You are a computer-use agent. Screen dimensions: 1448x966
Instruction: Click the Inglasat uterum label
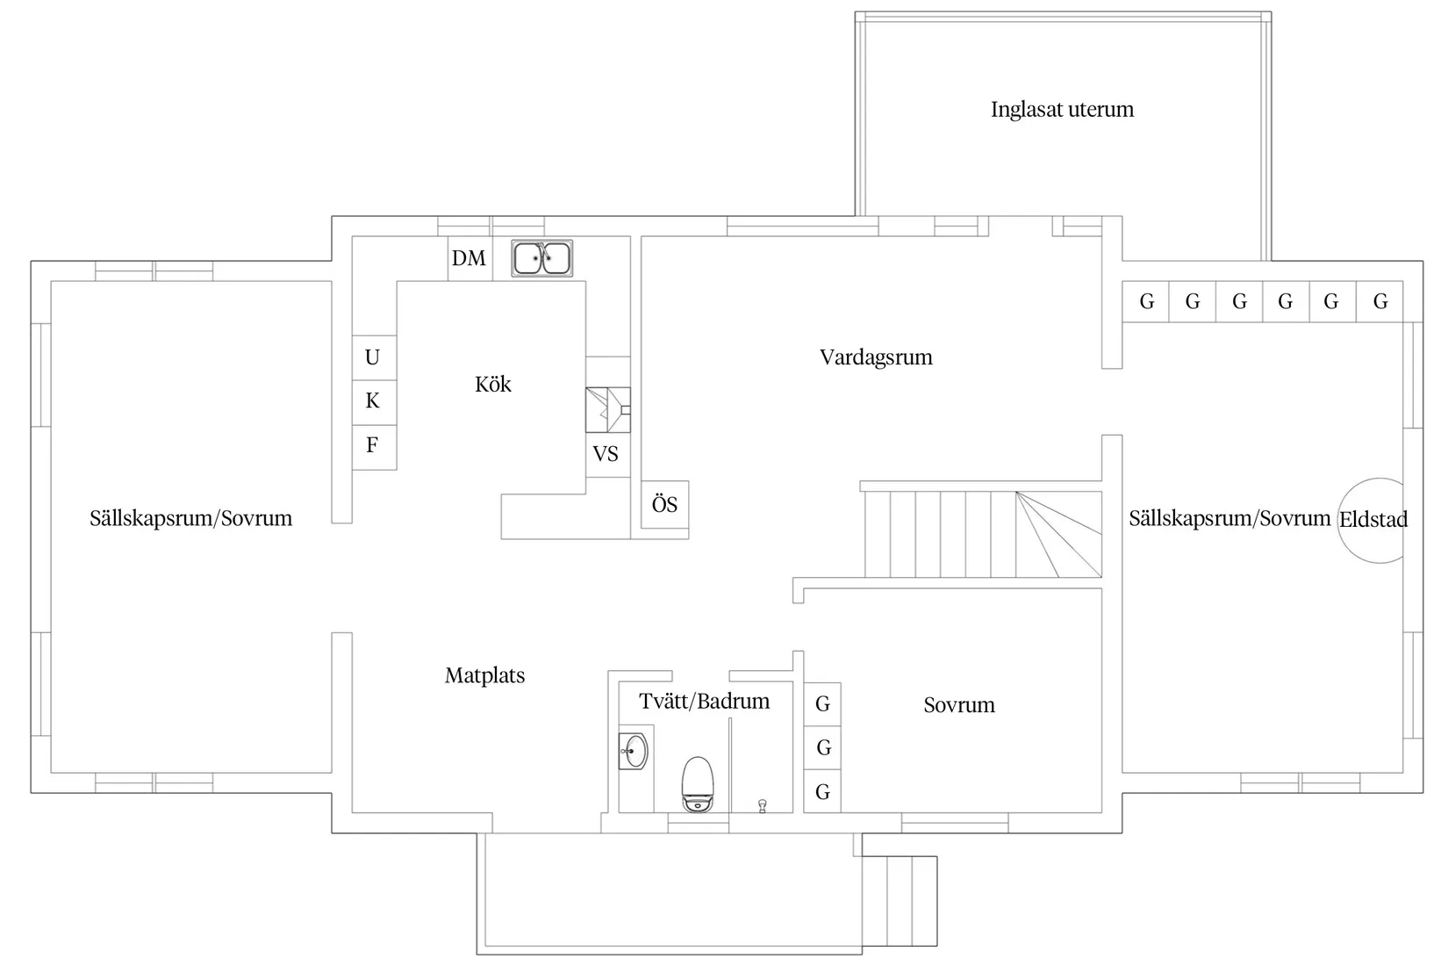click(1062, 110)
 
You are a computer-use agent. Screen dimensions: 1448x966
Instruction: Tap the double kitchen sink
click(541, 258)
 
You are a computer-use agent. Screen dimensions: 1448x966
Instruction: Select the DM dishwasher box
click(470, 258)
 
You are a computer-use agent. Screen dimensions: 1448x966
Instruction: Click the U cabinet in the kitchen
click(374, 357)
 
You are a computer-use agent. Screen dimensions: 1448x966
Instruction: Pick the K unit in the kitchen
click(374, 402)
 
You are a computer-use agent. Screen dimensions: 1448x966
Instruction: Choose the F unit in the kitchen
click(374, 447)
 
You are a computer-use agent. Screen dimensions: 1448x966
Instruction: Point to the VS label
click(605, 454)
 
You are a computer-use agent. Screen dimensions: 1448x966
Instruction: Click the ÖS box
click(664, 505)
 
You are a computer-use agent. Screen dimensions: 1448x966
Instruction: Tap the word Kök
click(492, 385)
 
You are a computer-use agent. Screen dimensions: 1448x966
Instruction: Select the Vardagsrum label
click(876, 357)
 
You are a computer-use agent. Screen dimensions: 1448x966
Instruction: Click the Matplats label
click(484, 675)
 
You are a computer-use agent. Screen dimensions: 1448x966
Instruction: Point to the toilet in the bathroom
click(699, 784)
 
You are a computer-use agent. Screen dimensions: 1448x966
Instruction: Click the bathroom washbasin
click(634, 751)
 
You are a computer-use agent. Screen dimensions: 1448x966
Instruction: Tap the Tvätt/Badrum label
click(704, 702)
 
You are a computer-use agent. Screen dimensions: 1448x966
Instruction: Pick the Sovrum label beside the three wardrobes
click(958, 704)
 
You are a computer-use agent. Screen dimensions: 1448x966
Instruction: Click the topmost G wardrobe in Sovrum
click(822, 704)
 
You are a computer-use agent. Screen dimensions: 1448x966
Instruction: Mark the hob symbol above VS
click(607, 410)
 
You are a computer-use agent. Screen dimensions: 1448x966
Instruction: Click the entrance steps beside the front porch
click(900, 901)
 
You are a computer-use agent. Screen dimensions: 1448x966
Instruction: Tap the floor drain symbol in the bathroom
click(762, 805)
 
